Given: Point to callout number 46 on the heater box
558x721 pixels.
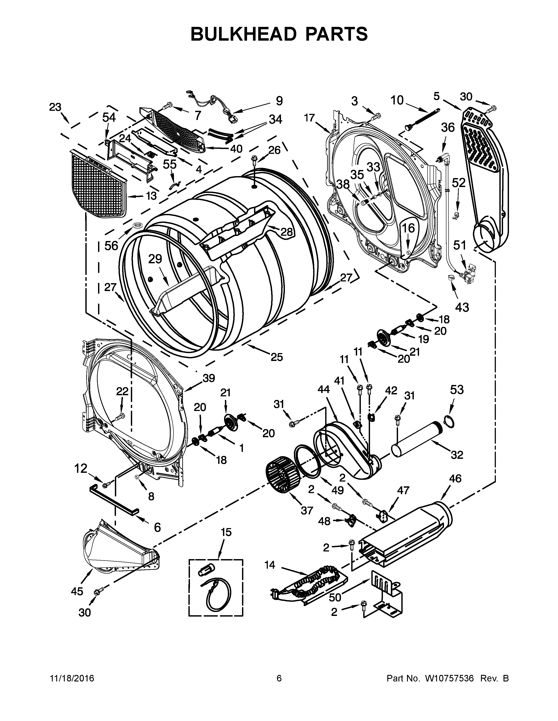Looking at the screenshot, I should pos(455,478).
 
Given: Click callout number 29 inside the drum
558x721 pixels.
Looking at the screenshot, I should pos(155,259).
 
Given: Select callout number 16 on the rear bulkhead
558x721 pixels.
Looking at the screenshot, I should pos(409,228).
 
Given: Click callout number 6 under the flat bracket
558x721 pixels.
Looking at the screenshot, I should pos(157,528).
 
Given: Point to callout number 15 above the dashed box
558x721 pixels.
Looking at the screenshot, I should pos(226,532).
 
